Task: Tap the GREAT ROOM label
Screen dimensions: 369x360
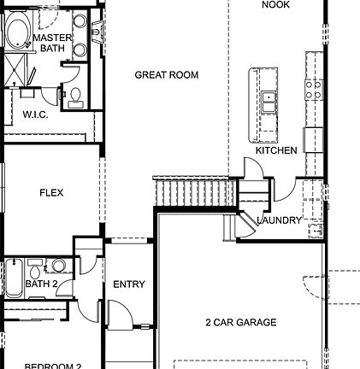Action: pyautogui.click(x=166, y=75)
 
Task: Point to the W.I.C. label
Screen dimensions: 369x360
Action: pyautogui.click(x=35, y=114)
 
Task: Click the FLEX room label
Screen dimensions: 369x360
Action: pyautogui.click(x=51, y=193)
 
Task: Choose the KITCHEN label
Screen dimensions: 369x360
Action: pyautogui.click(x=276, y=150)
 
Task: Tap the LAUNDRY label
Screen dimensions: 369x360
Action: pyautogui.click(x=280, y=220)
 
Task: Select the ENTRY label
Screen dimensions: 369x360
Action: pyautogui.click(x=129, y=284)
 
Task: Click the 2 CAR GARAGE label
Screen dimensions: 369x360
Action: pyautogui.click(x=240, y=322)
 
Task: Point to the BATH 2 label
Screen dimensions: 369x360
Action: pyautogui.click(x=41, y=284)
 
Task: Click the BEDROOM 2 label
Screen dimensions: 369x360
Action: pyautogui.click(x=52, y=366)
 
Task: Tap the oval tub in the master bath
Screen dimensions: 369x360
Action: pyautogui.click(x=17, y=34)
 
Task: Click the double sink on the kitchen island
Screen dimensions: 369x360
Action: pyautogui.click(x=269, y=102)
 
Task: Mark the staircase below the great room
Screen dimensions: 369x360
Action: pyautogui.click(x=195, y=191)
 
